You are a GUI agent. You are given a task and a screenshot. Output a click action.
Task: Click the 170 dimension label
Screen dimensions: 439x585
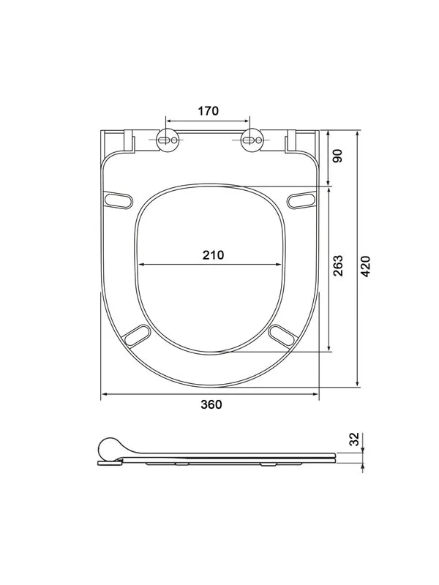tap(208, 111)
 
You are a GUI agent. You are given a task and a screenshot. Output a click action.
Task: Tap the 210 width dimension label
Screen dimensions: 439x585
tap(213, 254)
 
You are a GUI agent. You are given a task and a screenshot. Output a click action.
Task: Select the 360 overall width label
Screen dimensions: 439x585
tap(211, 404)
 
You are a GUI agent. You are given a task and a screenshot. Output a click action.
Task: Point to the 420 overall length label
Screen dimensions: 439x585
tap(366, 266)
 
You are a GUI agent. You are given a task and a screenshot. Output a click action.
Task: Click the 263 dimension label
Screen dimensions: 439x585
tap(338, 265)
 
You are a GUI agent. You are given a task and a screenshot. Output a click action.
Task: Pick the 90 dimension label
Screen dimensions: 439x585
tap(337, 156)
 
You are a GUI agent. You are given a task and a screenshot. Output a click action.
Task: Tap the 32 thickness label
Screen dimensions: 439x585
tap(354, 439)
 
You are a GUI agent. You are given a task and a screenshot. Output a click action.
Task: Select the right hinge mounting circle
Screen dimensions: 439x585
tap(252, 140)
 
